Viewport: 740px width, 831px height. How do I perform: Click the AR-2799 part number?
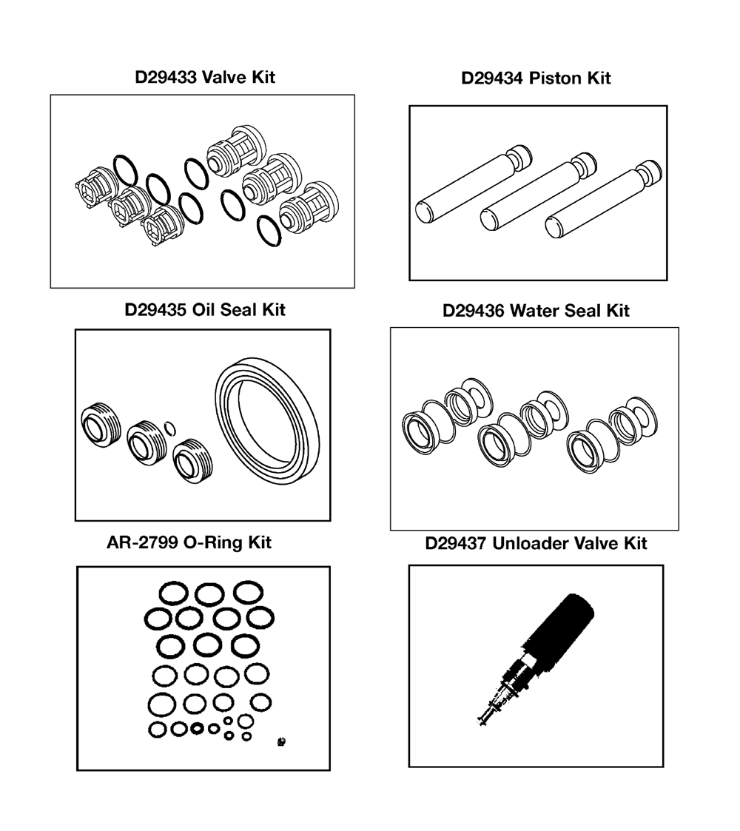[x=142, y=542]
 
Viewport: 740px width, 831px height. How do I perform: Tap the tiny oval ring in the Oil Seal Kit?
[x=169, y=428]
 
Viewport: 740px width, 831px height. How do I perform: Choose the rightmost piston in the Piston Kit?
[x=603, y=199]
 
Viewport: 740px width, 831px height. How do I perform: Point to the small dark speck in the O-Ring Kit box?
[x=281, y=741]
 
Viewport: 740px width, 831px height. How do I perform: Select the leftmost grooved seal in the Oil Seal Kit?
[x=101, y=425]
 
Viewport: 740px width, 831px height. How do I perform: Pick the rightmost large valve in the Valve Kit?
[x=309, y=206]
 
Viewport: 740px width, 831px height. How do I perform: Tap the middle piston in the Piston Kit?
[x=538, y=192]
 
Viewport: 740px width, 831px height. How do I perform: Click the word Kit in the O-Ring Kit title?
[x=260, y=542]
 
